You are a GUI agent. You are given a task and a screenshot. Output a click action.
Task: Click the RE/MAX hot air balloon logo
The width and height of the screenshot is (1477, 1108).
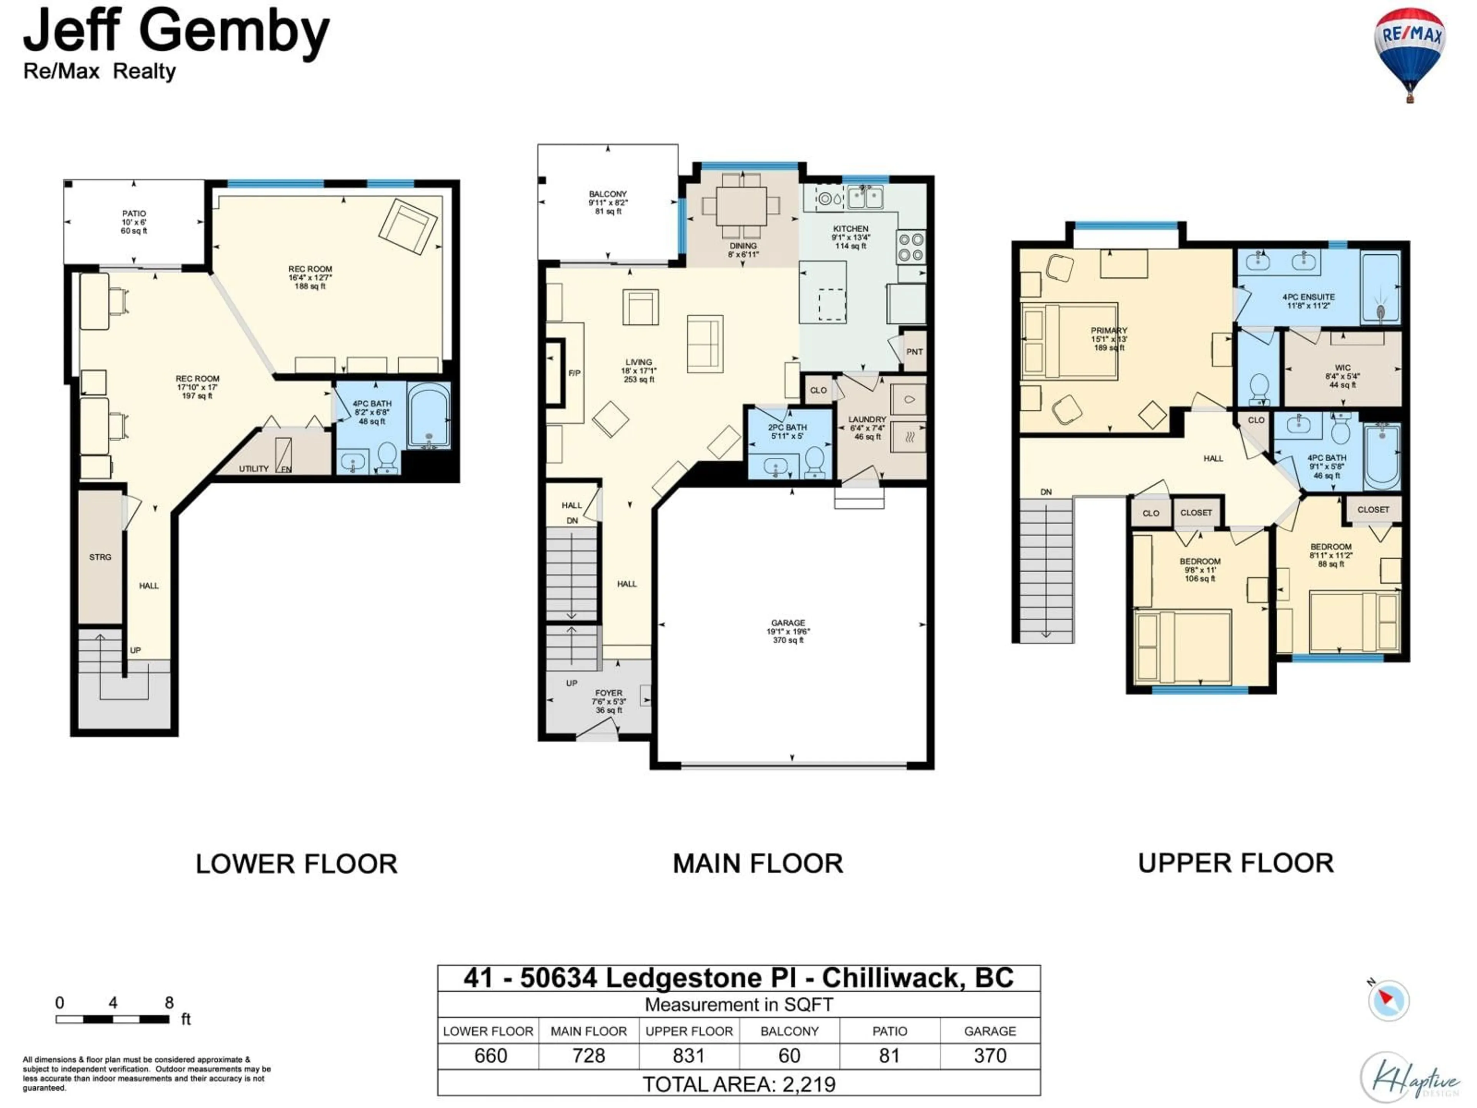pyautogui.click(x=1409, y=53)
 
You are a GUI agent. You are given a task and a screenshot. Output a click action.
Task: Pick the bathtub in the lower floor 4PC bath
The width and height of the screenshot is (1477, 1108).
pyautogui.click(x=429, y=415)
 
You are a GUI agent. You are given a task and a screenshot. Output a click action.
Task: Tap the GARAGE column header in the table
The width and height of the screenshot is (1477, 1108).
pyautogui.click(x=990, y=1031)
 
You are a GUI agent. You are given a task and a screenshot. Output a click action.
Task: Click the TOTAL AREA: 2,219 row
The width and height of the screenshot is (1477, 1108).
pyautogui.click(x=738, y=1084)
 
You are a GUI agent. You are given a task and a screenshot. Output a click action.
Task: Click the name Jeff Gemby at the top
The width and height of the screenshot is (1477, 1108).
pyautogui.click(x=177, y=32)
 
